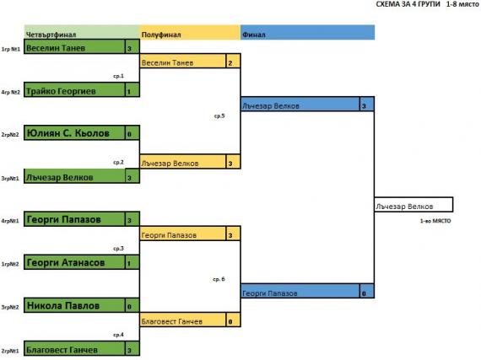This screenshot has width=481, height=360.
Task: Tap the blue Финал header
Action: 307,33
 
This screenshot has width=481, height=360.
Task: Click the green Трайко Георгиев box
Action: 74,89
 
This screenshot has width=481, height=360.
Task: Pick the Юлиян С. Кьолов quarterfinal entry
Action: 74,132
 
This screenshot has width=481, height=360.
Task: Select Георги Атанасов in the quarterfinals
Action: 74,262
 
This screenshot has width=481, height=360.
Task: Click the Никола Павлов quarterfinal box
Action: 74,305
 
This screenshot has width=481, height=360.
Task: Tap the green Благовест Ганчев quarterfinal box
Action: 74,348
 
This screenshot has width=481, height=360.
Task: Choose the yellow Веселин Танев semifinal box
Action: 183,61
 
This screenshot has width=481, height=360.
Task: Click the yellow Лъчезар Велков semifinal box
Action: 183,162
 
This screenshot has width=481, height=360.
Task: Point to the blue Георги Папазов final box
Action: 300,291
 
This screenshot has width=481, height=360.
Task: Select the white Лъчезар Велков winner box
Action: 413,205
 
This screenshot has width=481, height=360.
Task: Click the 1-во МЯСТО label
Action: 435,221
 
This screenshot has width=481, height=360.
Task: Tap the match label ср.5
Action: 219,116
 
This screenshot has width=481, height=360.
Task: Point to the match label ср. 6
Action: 219,279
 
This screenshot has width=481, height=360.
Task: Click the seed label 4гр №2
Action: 11,92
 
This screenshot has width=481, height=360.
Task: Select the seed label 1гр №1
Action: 11,49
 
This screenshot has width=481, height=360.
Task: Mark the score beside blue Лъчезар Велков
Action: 367,105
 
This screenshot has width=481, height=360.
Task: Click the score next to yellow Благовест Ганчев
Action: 233,320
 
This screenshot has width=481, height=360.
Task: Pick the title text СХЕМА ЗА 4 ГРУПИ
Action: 408,4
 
